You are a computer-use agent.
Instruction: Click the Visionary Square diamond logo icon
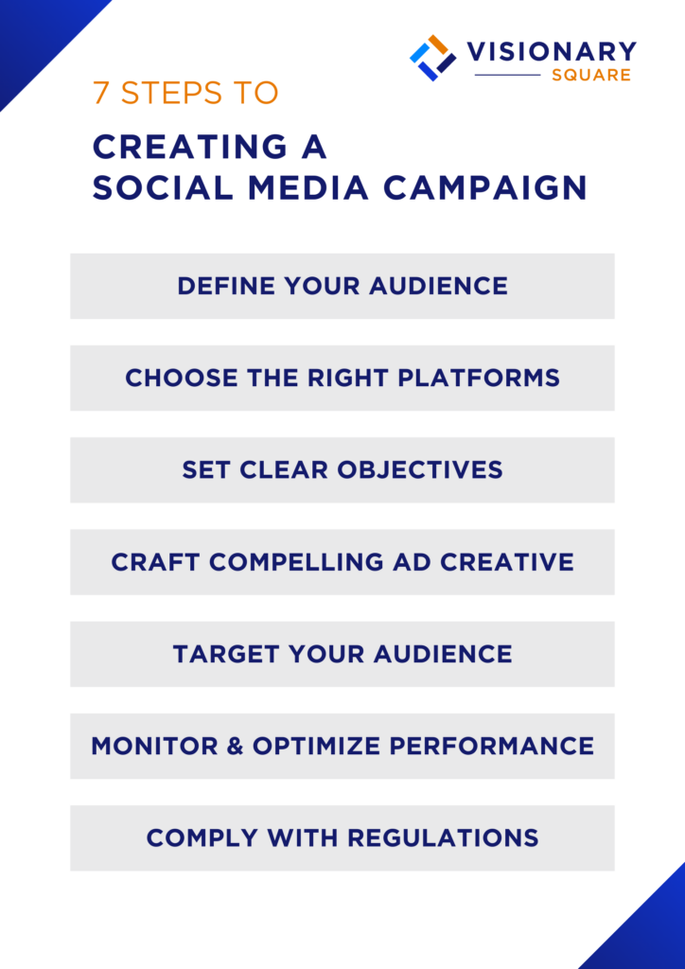click(x=433, y=58)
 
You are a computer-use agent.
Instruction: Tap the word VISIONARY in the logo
click(x=551, y=51)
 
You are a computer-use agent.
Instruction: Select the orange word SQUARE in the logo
click(x=591, y=75)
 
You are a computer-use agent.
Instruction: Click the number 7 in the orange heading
click(x=100, y=93)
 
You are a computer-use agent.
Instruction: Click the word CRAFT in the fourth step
click(x=155, y=562)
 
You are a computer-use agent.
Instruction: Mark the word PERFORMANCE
click(x=501, y=746)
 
